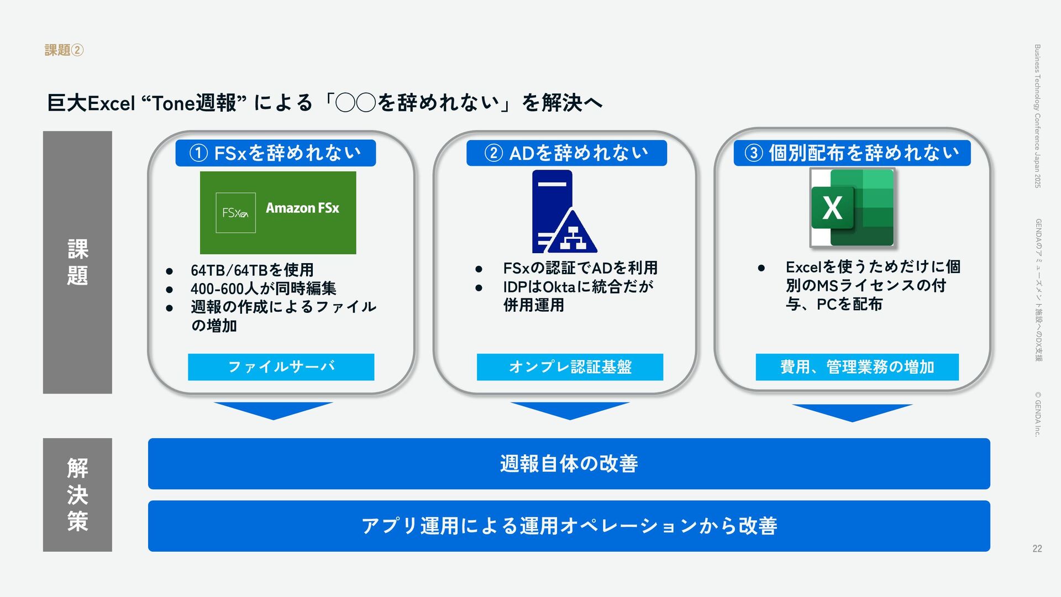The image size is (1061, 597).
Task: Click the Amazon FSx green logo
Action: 278,213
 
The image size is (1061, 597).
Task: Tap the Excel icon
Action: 852,208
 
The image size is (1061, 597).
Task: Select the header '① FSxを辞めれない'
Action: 275,153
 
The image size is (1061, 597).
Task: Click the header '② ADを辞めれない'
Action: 566,153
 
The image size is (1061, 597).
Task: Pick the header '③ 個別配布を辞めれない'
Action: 852,153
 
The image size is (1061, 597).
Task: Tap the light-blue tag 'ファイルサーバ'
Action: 281,367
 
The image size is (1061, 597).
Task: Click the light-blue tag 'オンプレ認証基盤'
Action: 570,367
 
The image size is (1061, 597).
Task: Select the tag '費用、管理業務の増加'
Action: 857,367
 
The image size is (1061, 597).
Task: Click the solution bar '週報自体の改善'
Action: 569,464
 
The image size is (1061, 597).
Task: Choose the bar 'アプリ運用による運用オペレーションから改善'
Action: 569,526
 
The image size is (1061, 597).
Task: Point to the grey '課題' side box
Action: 77,262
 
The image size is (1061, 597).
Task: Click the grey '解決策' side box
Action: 77,495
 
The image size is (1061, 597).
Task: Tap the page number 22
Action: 1037,548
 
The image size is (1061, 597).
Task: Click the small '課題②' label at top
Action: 64,50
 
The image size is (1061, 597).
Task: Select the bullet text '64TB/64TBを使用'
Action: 252,270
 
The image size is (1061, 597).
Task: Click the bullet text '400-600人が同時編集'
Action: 263,289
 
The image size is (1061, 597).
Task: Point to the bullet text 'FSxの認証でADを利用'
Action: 580,268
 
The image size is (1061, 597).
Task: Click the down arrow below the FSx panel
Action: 273,410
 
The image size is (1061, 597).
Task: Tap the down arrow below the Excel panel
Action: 852,412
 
